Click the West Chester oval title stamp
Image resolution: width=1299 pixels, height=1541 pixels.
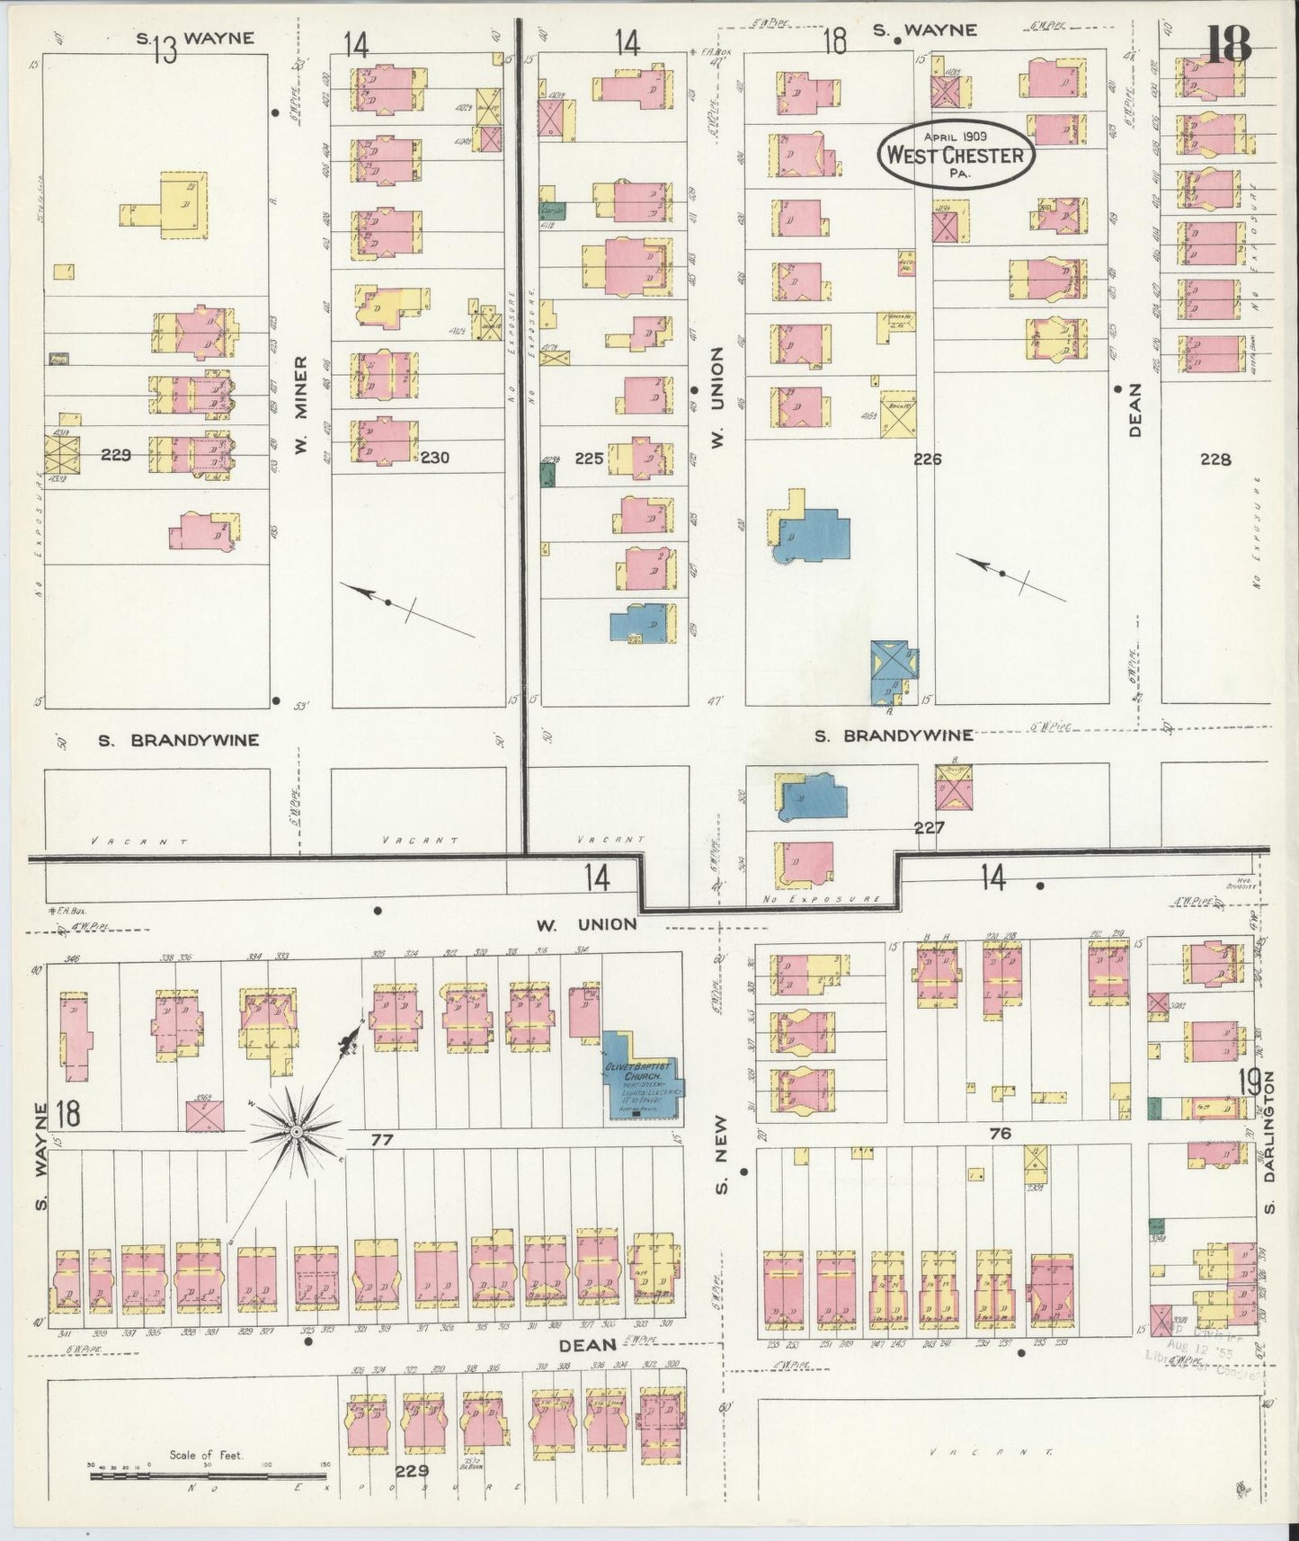coord(955,154)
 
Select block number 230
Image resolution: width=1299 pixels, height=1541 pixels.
coord(434,458)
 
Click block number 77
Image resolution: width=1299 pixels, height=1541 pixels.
coord(382,1139)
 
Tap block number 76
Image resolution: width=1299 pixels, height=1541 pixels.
coord(1000,1134)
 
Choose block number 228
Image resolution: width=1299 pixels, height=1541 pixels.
coord(1214,459)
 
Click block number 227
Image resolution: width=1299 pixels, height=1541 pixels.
coord(929,828)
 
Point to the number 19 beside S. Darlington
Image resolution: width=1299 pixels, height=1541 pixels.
coord(1249,1082)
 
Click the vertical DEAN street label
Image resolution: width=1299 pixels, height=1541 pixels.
coord(1134,410)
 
